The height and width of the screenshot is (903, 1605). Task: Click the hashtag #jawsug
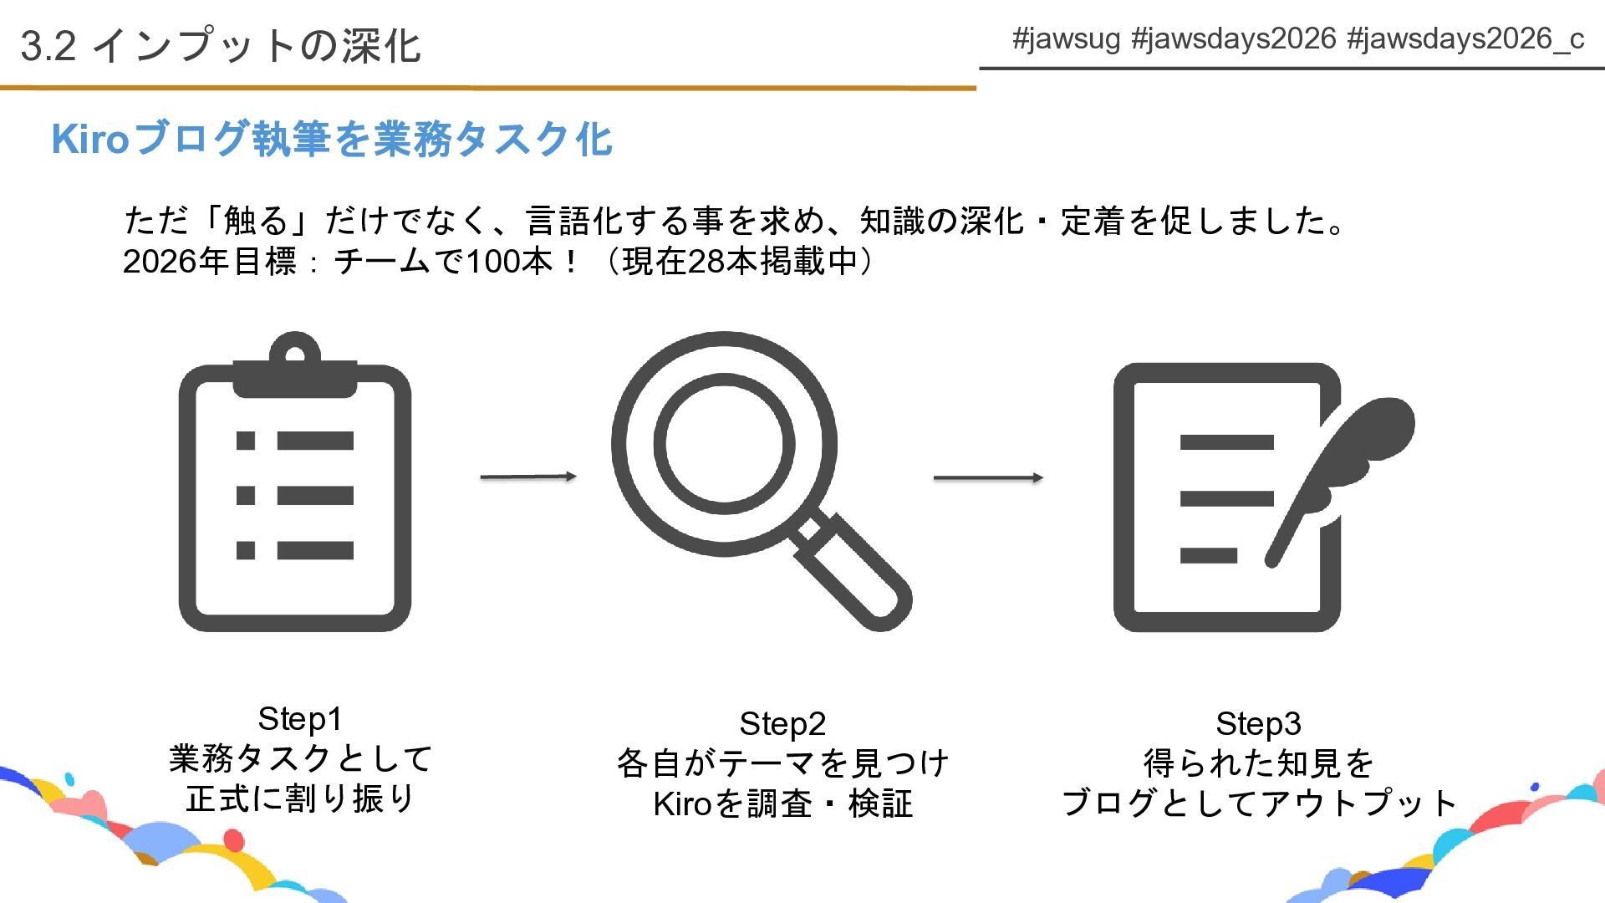(x=1066, y=39)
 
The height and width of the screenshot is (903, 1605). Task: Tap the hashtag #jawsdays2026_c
(x=1465, y=39)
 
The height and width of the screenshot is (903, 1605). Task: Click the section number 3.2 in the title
(x=48, y=46)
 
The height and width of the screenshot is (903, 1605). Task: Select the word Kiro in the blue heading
(x=90, y=139)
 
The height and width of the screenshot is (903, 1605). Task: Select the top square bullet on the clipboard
(x=246, y=441)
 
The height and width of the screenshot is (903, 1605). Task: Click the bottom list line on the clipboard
(x=315, y=550)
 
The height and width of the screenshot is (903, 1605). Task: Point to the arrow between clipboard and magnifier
(x=528, y=477)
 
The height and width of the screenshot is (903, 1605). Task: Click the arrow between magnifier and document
(x=988, y=477)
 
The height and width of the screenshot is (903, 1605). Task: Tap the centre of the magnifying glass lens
(x=724, y=444)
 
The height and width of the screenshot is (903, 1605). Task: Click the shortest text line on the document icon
(x=1208, y=555)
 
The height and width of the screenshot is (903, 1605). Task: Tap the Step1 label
(x=300, y=719)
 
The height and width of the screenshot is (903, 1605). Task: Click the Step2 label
(x=782, y=724)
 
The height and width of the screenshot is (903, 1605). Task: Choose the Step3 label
(x=1258, y=724)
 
